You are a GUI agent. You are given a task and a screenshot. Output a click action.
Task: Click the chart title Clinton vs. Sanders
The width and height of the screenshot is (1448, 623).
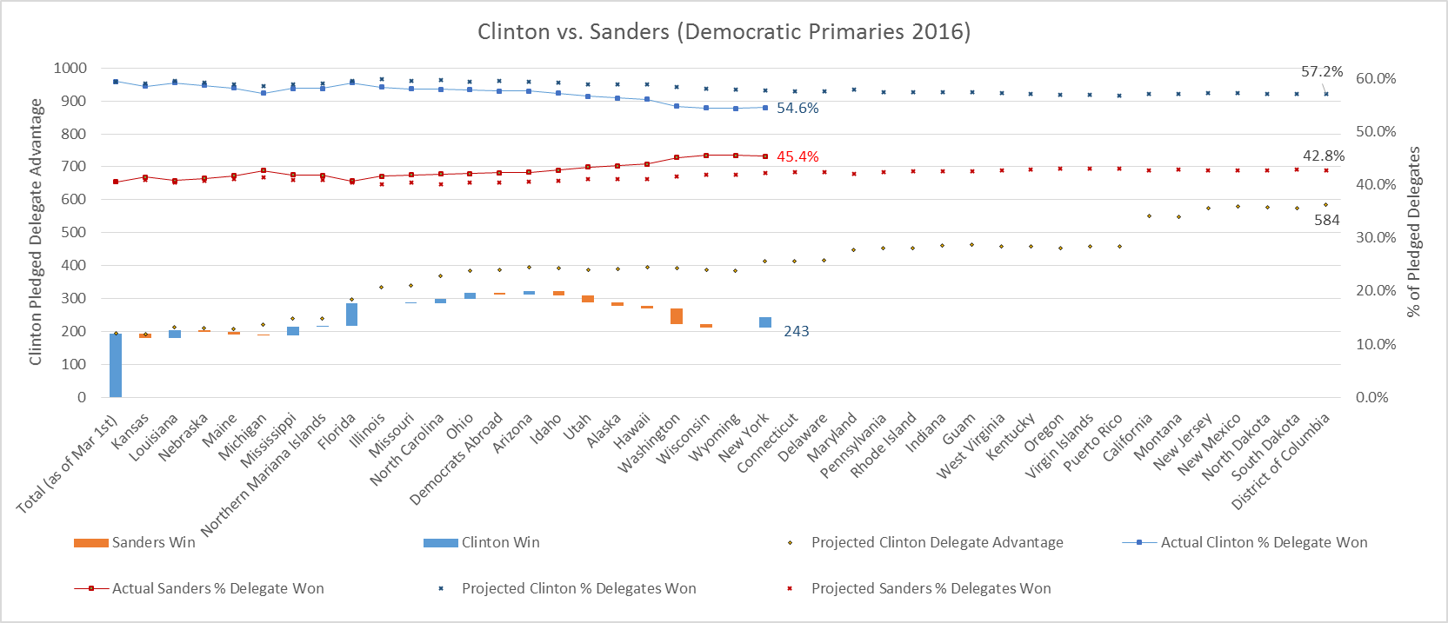tap(724, 32)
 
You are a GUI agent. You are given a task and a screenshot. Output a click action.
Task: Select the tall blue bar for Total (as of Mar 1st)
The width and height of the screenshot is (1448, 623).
tap(116, 365)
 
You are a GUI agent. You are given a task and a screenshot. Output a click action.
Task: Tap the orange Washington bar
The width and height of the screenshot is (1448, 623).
tap(677, 316)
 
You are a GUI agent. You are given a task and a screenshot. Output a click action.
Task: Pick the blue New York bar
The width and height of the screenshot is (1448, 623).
tap(765, 322)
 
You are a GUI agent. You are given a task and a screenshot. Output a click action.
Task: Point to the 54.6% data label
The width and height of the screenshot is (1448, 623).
tap(797, 109)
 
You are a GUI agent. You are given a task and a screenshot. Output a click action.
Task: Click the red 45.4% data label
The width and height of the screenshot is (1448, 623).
tap(797, 156)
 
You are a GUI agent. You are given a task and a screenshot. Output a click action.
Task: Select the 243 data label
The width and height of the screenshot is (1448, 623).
tap(796, 331)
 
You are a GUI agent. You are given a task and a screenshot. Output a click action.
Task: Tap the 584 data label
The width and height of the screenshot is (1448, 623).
tap(1326, 220)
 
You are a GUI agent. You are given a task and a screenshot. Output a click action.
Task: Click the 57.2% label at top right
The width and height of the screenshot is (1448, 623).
tap(1321, 71)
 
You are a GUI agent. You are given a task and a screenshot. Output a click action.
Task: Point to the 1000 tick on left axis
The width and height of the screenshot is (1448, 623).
tap(70, 68)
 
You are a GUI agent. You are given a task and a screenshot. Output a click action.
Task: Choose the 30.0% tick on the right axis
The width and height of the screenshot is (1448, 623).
tap(1376, 237)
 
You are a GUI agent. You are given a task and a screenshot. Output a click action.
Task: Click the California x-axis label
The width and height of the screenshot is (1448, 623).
tap(1128, 438)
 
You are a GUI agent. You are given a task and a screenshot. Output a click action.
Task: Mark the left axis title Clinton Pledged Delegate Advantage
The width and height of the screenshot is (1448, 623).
tap(36, 231)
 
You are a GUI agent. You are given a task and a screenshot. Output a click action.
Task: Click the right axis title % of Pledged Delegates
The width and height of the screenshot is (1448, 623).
tap(1414, 231)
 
